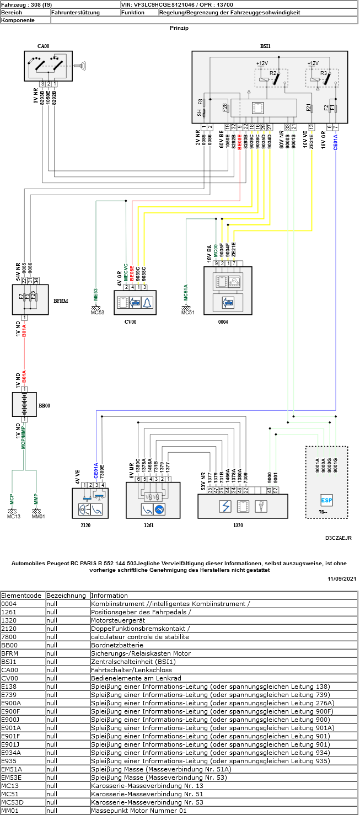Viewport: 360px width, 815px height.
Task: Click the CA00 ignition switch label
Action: pyautogui.click(x=44, y=47)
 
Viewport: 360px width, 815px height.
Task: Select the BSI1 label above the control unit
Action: pyautogui.click(x=269, y=47)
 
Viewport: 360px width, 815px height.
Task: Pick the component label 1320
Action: pyautogui.click(x=238, y=526)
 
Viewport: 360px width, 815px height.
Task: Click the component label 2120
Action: pyautogui.click(x=85, y=526)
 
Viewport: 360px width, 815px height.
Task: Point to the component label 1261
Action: pyautogui.click(x=148, y=526)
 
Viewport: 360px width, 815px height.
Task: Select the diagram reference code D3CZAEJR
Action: pyautogui.click(x=338, y=537)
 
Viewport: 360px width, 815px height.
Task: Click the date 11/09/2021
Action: pyautogui.click(x=342, y=578)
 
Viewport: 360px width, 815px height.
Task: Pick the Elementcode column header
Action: pyautogui.click(x=22, y=596)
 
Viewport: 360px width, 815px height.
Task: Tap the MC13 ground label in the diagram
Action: pyautogui.click(x=13, y=517)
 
